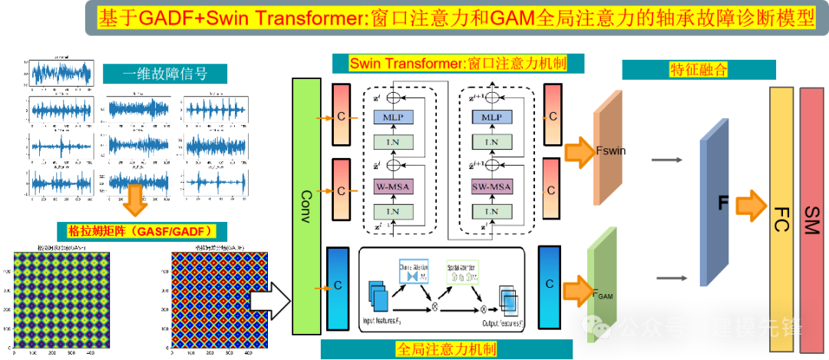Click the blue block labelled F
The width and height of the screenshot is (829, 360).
[713, 204]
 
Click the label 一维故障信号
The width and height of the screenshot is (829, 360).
[165, 74]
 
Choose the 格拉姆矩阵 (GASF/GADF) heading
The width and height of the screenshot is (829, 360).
[140, 230]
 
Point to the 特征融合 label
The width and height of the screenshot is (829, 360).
[698, 70]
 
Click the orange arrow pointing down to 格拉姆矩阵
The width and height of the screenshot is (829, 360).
[136, 202]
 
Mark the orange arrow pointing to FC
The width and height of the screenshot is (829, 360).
[751, 204]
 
